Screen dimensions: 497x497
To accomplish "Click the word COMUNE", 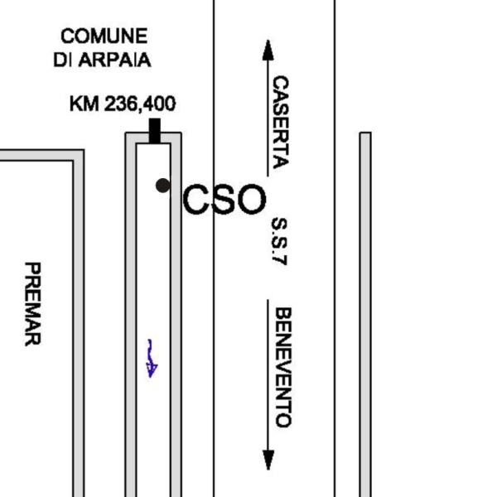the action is pos(104,36).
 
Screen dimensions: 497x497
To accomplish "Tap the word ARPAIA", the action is pos(114,60).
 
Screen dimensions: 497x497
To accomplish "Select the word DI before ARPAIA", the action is pos(62,60).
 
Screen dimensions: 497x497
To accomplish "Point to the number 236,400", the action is pos(140,104).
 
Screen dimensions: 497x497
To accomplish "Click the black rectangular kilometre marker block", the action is pos(155,131).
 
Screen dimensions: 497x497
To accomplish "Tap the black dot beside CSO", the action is pos(163,186).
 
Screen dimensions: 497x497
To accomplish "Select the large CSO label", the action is pos(224,200).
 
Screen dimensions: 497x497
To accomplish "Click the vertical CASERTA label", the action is pos(281,122).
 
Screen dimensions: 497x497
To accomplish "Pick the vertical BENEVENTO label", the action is pos(282,367).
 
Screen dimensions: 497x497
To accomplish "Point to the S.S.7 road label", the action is pos(280,241).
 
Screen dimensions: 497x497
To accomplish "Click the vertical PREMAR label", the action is pos(32,304).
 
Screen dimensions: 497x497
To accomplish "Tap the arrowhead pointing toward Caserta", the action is pos(268,50).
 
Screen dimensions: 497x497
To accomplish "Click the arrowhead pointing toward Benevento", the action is pos(268,460).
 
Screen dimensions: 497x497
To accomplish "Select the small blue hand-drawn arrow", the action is pos(152,358).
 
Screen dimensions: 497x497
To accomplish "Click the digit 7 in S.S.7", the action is pos(280,259).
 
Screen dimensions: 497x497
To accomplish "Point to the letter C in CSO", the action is pos(195,200).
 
